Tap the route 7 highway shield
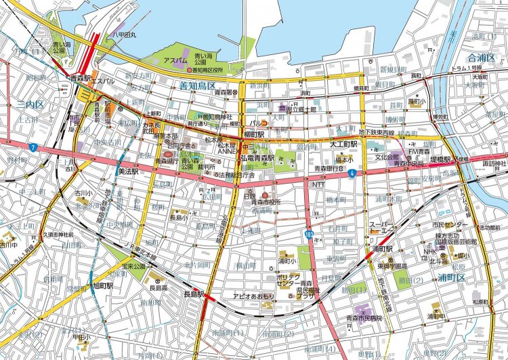point(32,146)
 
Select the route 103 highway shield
point(310,233)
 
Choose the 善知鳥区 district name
point(197,85)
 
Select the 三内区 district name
point(30,106)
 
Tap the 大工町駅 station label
point(343,144)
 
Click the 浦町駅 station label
point(384,249)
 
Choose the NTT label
point(318,184)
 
